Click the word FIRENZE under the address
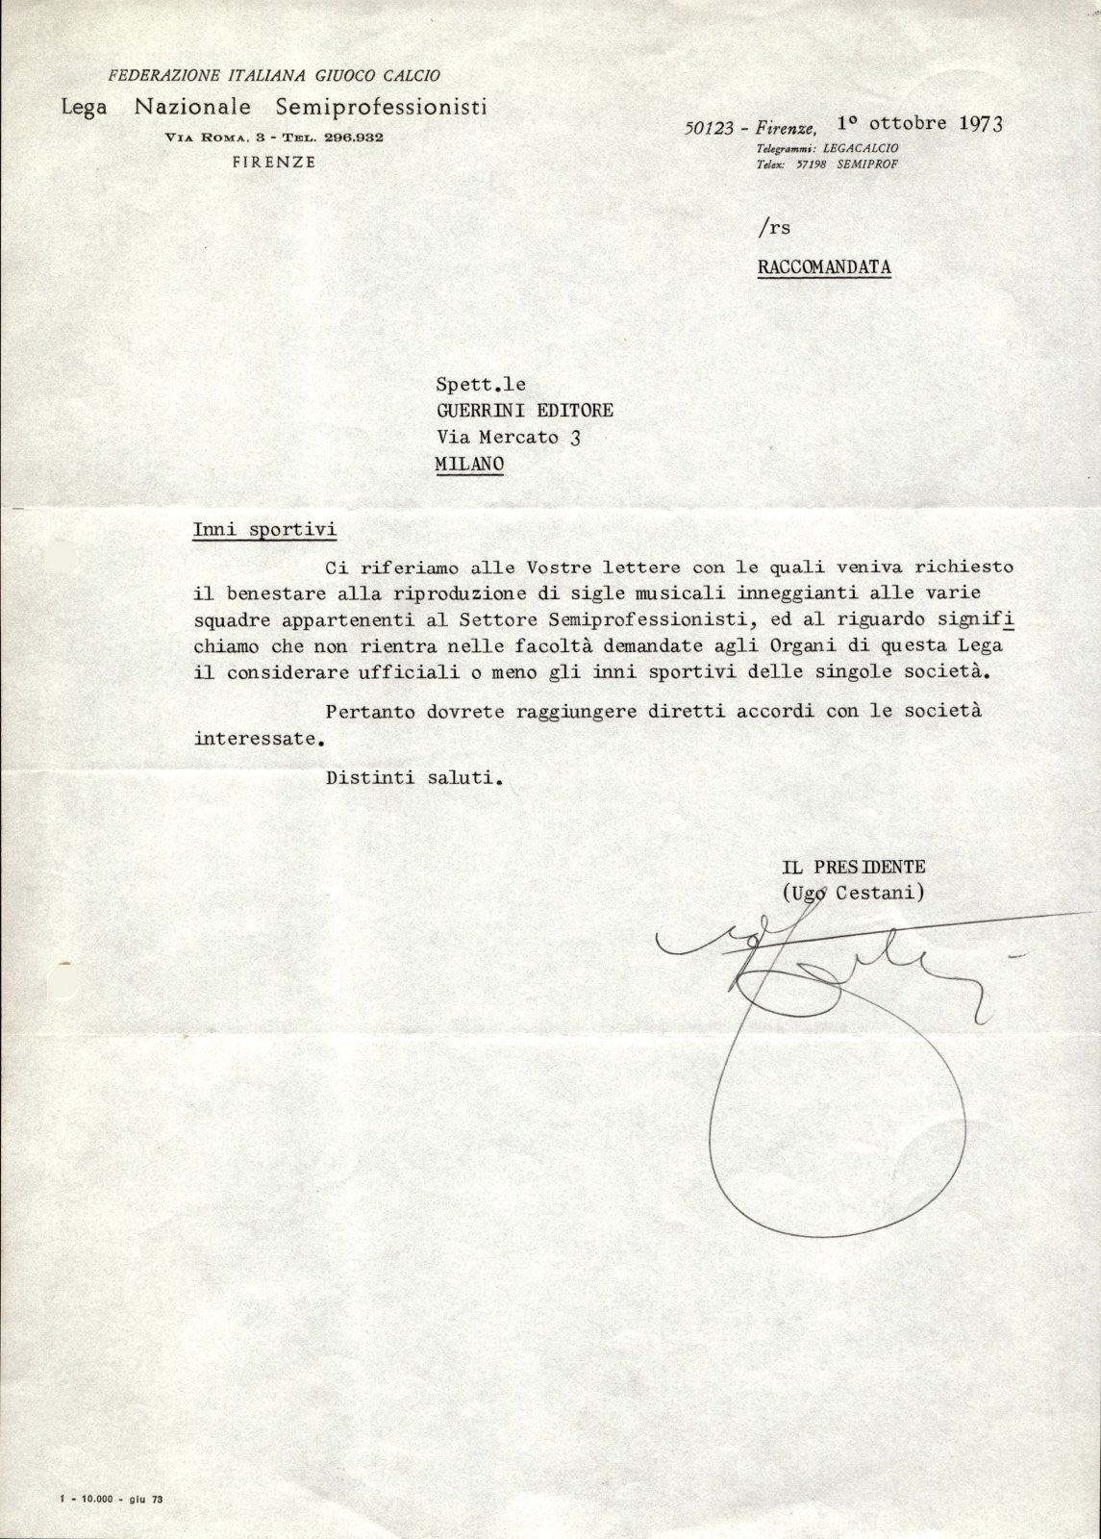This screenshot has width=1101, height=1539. (x=274, y=163)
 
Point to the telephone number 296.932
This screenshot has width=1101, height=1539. (x=353, y=138)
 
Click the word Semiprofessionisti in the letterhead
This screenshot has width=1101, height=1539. (x=381, y=106)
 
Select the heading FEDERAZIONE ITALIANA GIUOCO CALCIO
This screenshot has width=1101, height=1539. (x=274, y=75)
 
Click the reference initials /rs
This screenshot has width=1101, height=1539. (x=773, y=228)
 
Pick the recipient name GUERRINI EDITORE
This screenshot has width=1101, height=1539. (x=525, y=411)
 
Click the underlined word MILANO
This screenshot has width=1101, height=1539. (x=469, y=464)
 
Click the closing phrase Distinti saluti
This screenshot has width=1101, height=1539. (x=414, y=779)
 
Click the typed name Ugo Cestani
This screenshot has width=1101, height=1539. (x=855, y=893)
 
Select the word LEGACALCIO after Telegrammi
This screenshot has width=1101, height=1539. (x=861, y=149)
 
